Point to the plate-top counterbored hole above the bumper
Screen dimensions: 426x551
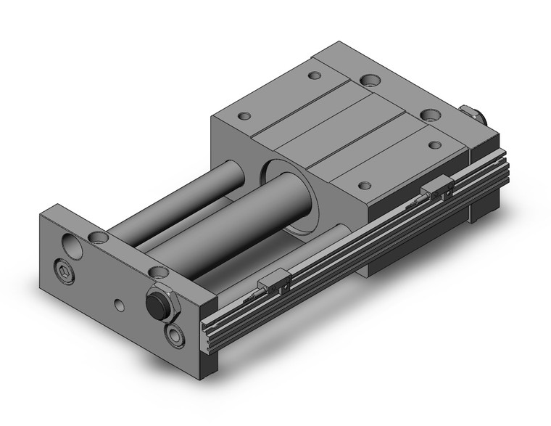pyautogui.click(x=154, y=272)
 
